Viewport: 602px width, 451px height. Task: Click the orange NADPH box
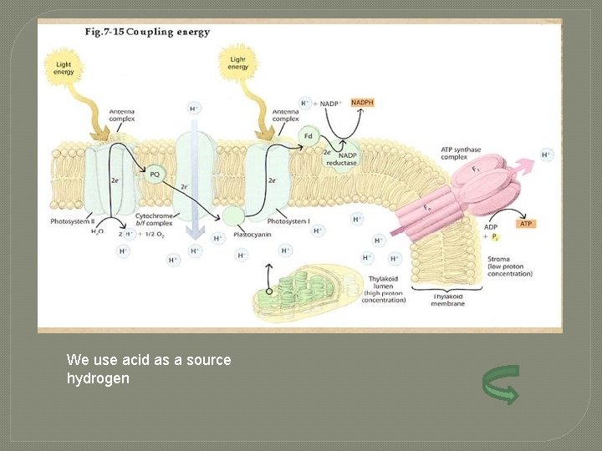click(363, 103)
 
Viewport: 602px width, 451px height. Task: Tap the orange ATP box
click(526, 224)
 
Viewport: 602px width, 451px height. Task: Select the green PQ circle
click(155, 175)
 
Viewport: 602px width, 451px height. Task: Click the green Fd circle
click(309, 135)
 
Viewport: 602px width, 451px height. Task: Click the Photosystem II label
click(71, 221)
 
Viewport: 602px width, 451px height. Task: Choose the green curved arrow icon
click(500, 384)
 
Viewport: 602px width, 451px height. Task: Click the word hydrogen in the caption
click(98, 378)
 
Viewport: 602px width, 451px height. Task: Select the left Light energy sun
click(64, 67)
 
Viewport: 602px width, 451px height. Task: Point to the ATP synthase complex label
click(461, 154)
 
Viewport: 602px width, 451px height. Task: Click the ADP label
click(492, 227)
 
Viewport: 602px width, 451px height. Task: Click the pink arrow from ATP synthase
click(524, 164)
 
